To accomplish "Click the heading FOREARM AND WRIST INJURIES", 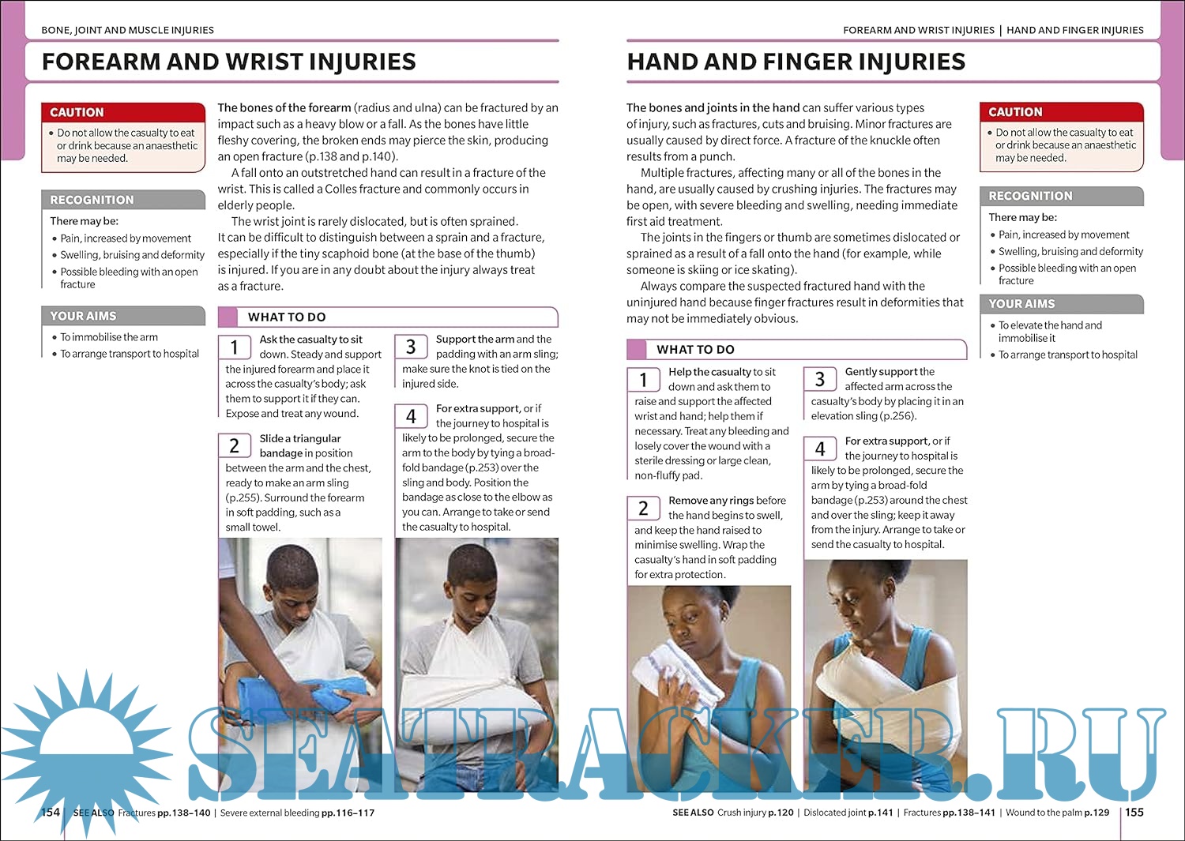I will point(228,62).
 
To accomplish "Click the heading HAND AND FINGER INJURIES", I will point(796,62).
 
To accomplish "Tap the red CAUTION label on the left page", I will point(77,112).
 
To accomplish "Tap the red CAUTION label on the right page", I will point(1015,112).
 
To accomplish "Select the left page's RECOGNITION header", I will point(92,200).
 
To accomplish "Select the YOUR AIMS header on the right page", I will point(1021,304).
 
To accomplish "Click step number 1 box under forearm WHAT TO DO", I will point(234,347).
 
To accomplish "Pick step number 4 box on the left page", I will point(411,416).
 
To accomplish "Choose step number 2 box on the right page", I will point(643,509).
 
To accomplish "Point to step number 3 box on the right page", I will point(820,380).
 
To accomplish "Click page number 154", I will point(51,812).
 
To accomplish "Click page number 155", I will point(1134,812).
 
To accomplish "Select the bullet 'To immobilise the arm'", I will point(109,337).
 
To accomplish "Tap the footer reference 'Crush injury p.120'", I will point(755,813).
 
